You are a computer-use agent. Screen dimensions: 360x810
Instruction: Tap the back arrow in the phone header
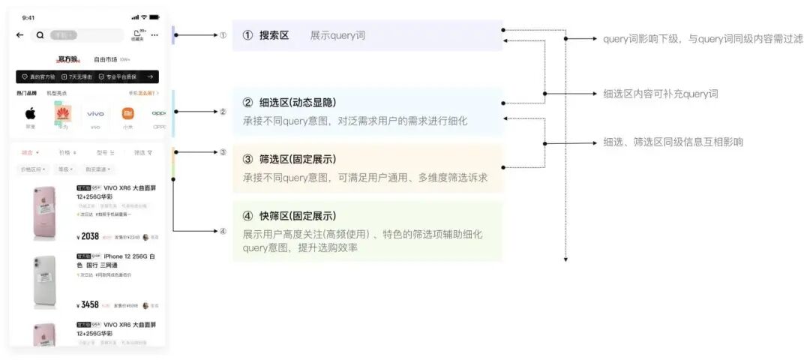19,34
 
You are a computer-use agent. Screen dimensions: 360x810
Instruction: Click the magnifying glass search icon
40,34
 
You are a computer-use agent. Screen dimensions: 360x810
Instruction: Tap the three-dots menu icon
154,34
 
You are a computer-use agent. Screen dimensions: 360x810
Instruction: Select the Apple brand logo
31,114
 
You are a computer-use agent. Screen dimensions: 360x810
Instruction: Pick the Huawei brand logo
62,114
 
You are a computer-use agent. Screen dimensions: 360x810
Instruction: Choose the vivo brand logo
95,114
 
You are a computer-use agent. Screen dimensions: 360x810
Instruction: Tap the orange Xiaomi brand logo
127,114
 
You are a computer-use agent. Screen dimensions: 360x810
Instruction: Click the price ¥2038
88,236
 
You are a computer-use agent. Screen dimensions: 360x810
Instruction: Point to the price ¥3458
88,305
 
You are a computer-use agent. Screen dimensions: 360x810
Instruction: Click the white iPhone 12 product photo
45,281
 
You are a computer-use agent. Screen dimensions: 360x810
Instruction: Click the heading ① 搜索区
265,35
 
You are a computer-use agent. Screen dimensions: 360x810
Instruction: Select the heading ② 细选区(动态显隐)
289,103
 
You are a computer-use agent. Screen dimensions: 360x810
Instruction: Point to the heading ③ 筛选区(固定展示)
289,160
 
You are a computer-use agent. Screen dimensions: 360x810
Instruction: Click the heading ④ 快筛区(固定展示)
289,216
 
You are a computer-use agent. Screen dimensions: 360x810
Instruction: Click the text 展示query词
337,35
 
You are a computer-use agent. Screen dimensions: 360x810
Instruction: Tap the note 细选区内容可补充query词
660,94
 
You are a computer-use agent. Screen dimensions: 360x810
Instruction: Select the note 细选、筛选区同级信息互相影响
673,142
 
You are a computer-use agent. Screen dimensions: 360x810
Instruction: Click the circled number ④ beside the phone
223,231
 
